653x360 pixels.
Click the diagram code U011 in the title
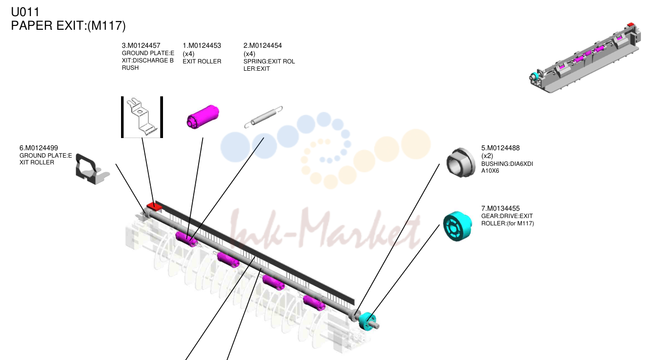point(25,12)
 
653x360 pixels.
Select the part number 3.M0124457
point(141,45)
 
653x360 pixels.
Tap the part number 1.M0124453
point(202,45)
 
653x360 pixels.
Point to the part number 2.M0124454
point(263,45)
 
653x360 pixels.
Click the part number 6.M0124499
point(39,148)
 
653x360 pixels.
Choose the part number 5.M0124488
point(500,148)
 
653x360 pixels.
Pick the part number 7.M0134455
point(500,209)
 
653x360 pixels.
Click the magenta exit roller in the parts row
point(203,117)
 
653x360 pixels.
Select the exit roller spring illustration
point(263,117)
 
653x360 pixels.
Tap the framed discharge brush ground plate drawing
point(142,117)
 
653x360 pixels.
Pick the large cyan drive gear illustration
point(457,226)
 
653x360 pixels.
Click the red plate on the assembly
point(154,206)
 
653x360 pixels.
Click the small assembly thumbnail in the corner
point(585,58)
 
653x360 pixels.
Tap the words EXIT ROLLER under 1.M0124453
point(202,61)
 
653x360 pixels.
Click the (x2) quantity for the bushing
point(487,156)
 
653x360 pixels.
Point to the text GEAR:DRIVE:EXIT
point(507,216)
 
